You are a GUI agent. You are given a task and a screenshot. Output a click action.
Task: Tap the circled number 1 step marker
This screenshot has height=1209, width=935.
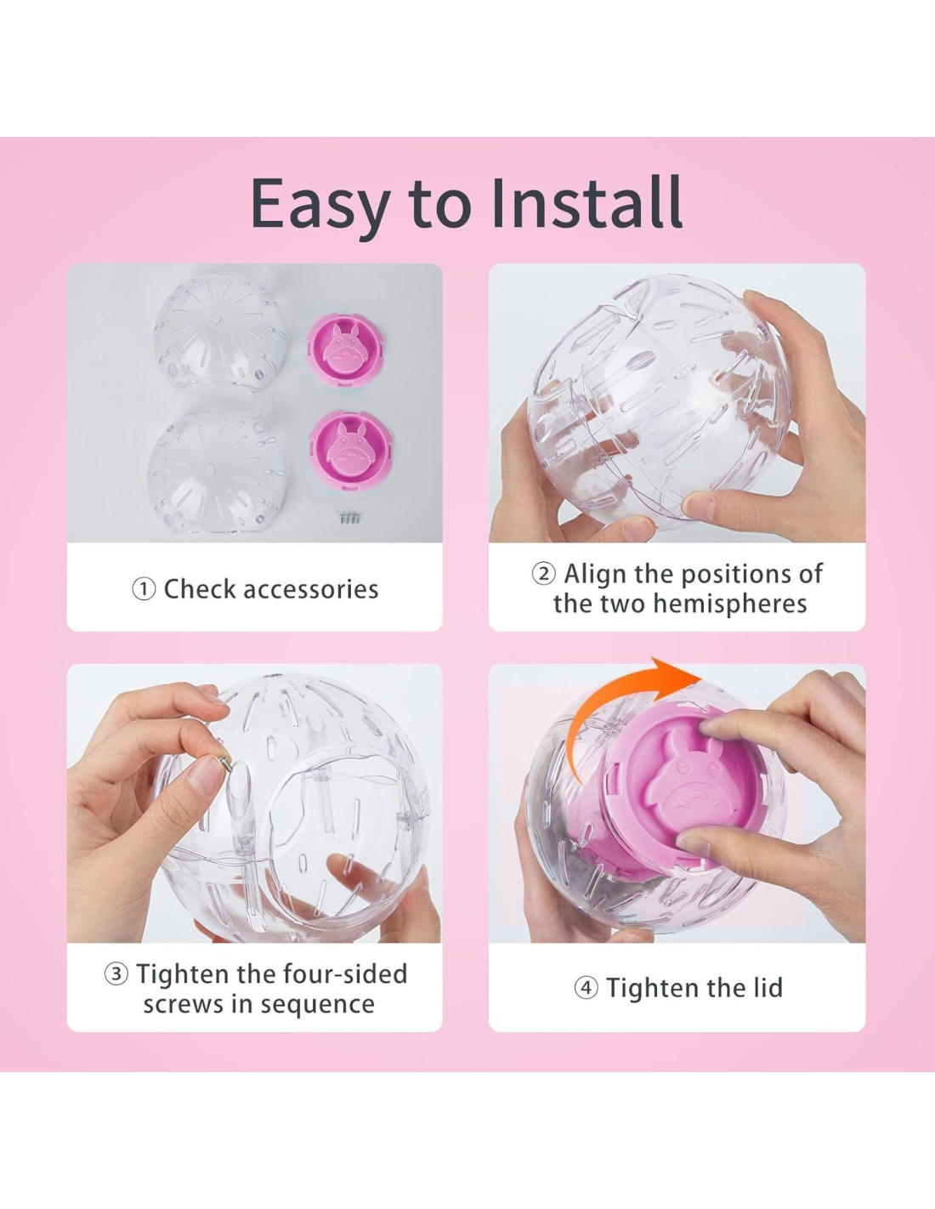click(144, 589)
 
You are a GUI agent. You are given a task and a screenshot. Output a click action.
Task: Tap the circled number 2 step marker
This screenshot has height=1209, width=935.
click(543, 574)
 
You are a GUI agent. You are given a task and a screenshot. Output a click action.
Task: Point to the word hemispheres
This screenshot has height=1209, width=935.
click(729, 604)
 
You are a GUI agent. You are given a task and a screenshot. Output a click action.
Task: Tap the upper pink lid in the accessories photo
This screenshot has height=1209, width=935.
click(349, 350)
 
